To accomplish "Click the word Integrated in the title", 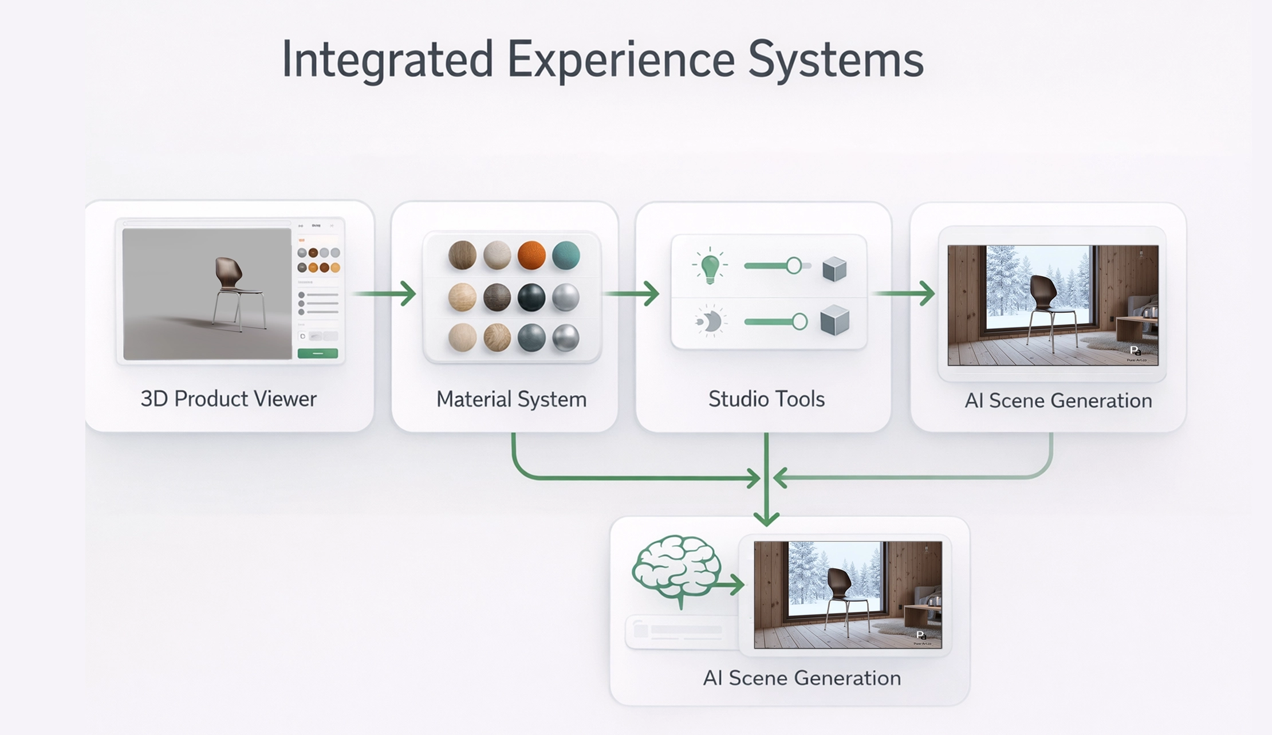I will tap(387, 60).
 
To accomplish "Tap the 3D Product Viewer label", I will tap(228, 399).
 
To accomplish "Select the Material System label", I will tap(511, 399).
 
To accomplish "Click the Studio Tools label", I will tap(766, 399).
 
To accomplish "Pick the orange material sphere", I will tap(531, 255).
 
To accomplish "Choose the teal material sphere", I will tap(566, 255).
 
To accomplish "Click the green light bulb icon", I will tap(710, 266).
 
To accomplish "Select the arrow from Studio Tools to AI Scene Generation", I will tap(905, 293).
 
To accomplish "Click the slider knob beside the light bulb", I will tap(793, 265).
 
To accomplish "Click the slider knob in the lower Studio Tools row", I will tap(800, 321).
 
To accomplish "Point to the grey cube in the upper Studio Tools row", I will tap(834, 269).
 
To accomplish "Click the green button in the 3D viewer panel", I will tap(317, 353).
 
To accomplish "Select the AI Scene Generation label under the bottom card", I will tap(801, 678).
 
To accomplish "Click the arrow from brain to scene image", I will tap(730, 585).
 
